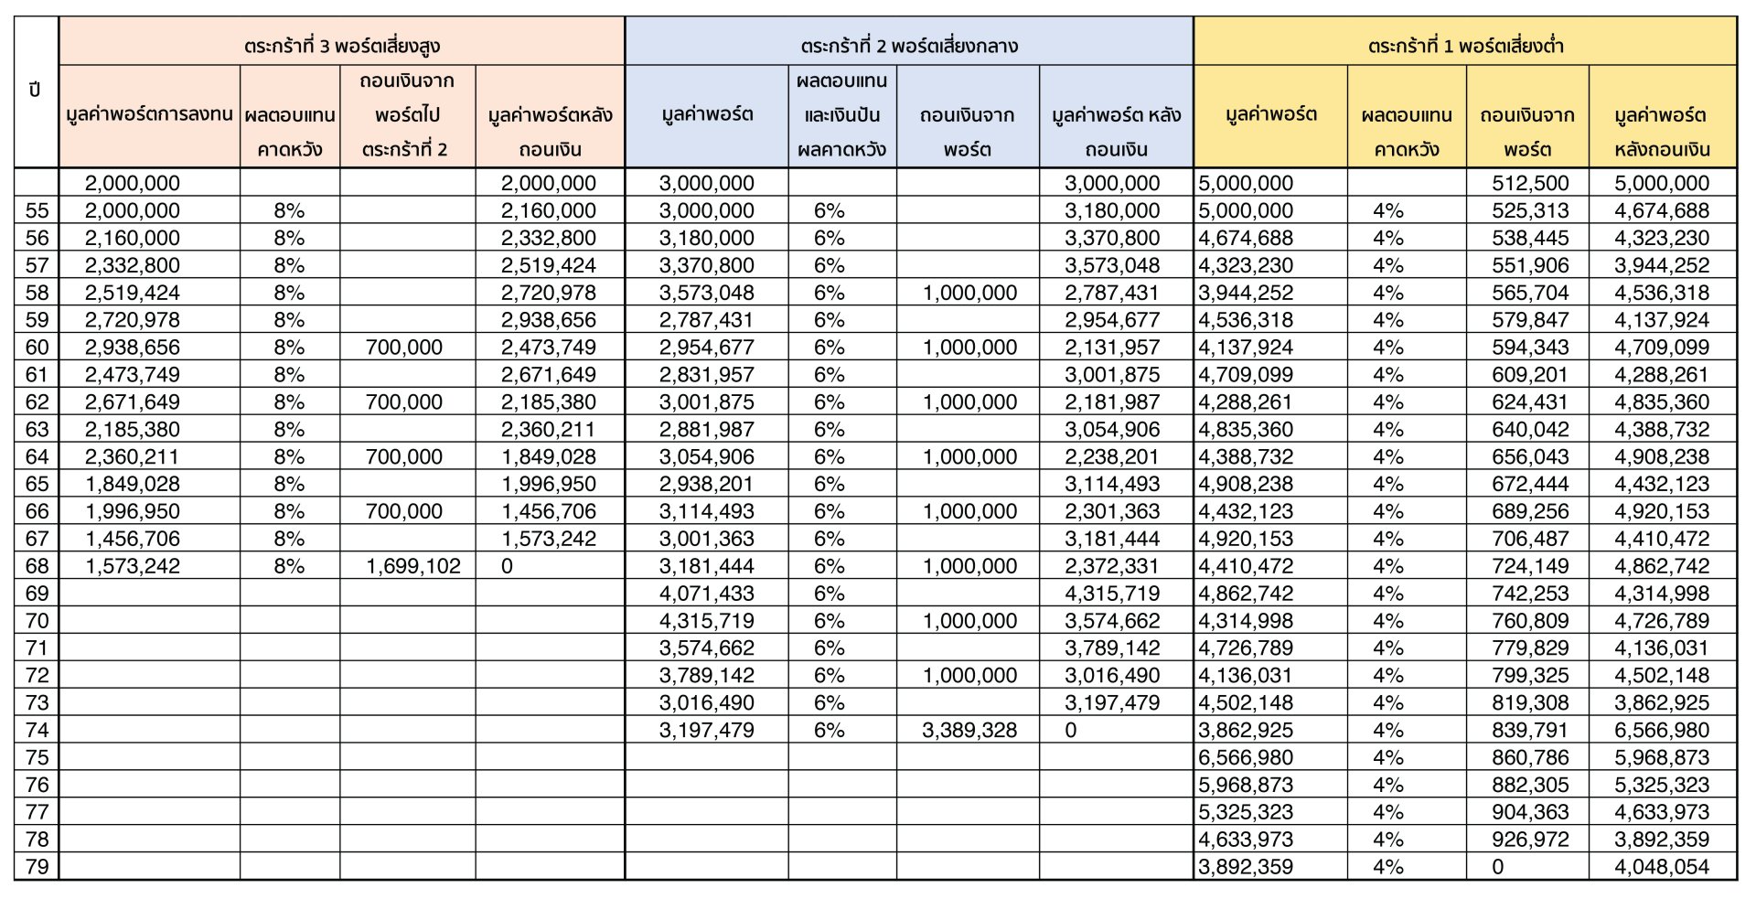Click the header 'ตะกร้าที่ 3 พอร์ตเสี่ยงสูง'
(x=342, y=46)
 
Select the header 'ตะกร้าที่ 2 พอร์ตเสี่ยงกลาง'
(x=908, y=46)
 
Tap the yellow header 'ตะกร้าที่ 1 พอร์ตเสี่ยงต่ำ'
(x=1465, y=46)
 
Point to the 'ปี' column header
(x=36, y=91)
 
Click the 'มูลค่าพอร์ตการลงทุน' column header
(x=149, y=115)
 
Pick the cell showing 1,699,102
(x=413, y=566)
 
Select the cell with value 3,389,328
(x=969, y=730)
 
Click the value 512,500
(x=1530, y=183)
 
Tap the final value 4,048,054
(x=1662, y=867)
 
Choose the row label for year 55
(x=37, y=210)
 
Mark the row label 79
(x=37, y=867)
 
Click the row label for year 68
(x=37, y=566)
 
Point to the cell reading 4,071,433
(x=706, y=594)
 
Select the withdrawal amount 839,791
(x=1530, y=730)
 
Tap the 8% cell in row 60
(x=289, y=348)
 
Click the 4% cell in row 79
(x=1387, y=867)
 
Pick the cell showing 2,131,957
(x=1112, y=348)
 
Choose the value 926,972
(x=1530, y=840)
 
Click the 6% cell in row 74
(x=829, y=730)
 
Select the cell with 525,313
(x=1530, y=210)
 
